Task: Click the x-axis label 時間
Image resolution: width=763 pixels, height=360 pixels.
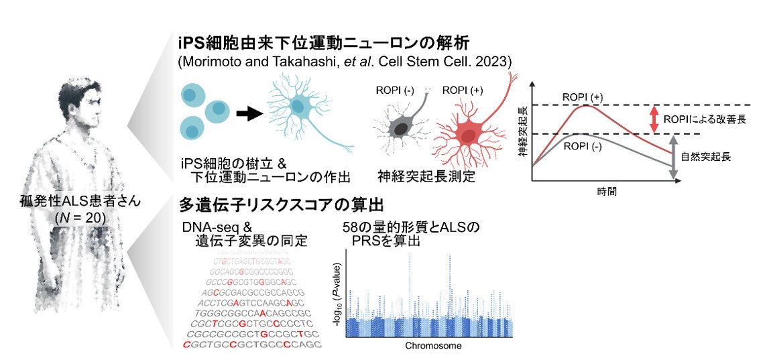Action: pos(607,191)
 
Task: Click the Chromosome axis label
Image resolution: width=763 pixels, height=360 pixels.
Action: pos(432,347)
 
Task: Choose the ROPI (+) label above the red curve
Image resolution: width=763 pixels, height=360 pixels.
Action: pos(583,97)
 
